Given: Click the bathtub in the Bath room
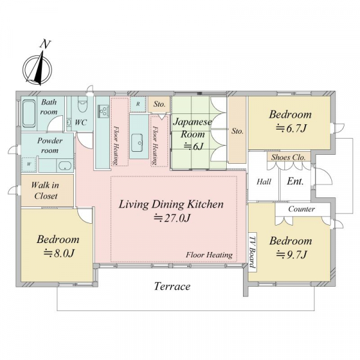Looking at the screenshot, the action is tap(29, 113).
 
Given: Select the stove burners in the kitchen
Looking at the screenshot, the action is tap(103, 112).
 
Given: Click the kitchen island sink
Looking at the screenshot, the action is tap(137, 143).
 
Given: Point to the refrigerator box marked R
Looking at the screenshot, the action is tap(138, 104).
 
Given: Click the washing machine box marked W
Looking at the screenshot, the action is tap(29, 164).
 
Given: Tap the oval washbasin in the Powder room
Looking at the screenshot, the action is tap(65, 166).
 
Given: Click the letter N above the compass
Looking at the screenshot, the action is tap(45, 44).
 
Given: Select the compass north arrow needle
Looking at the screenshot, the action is tap(38, 68).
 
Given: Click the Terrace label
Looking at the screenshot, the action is tap(172, 286).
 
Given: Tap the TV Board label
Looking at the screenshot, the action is tap(253, 253).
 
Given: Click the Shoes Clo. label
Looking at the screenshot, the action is tap(288, 157).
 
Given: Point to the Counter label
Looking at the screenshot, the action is tap(301, 209).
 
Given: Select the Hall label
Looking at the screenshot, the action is tap(264, 182).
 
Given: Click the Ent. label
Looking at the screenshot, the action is tap(295, 181).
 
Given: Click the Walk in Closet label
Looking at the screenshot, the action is tap(45, 191).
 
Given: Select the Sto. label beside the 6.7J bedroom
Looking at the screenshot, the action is tap(237, 131).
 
